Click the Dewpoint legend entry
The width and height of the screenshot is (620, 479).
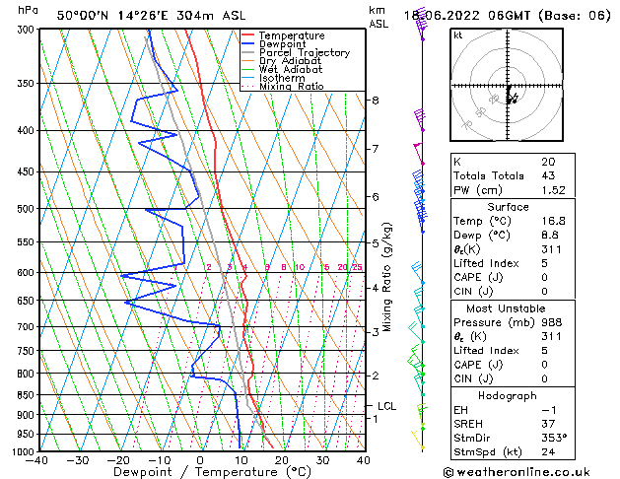[x=281, y=44]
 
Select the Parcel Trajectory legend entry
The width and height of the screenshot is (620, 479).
[x=304, y=53]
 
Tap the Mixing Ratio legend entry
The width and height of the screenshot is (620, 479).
[x=292, y=87]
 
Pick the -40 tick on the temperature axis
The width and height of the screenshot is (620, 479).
[x=37, y=460]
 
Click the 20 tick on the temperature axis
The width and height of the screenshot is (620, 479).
[x=281, y=460]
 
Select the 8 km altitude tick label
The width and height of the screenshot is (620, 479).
[x=376, y=101]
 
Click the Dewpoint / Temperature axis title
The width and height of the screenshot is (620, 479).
[x=201, y=472]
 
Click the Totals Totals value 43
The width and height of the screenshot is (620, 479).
[x=547, y=175]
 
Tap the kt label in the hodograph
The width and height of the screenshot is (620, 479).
[x=458, y=34]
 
